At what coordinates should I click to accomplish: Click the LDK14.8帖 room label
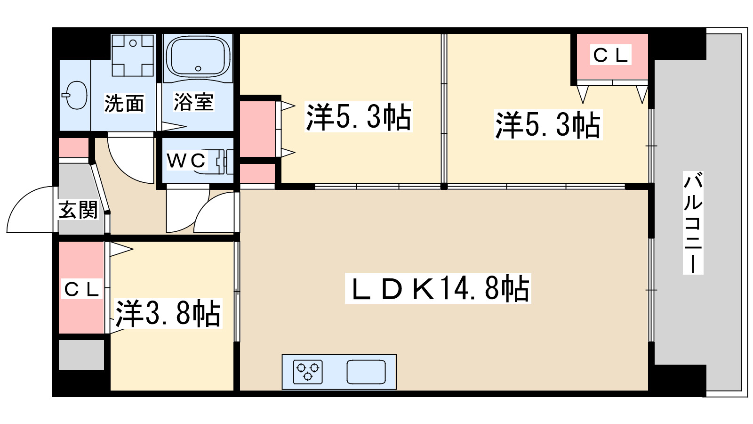(438, 289)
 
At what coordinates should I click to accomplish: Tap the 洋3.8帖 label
(168, 313)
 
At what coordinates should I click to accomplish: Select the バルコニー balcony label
(693, 223)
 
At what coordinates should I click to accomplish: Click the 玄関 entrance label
(78, 210)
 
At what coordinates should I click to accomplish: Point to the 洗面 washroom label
(124, 103)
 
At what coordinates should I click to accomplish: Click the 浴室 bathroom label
(193, 102)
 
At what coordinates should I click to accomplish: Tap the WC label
(186, 161)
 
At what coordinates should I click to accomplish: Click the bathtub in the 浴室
(198, 57)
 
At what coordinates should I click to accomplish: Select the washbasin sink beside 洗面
(75, 96)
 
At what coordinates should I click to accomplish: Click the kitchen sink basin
(366, 372)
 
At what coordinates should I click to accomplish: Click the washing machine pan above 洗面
(133, 55)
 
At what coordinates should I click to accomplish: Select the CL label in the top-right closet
(610, 55)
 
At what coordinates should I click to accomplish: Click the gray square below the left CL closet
(81, 354)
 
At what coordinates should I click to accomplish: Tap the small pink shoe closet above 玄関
(73, 148)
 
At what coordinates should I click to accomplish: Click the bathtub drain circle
(198, 69)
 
